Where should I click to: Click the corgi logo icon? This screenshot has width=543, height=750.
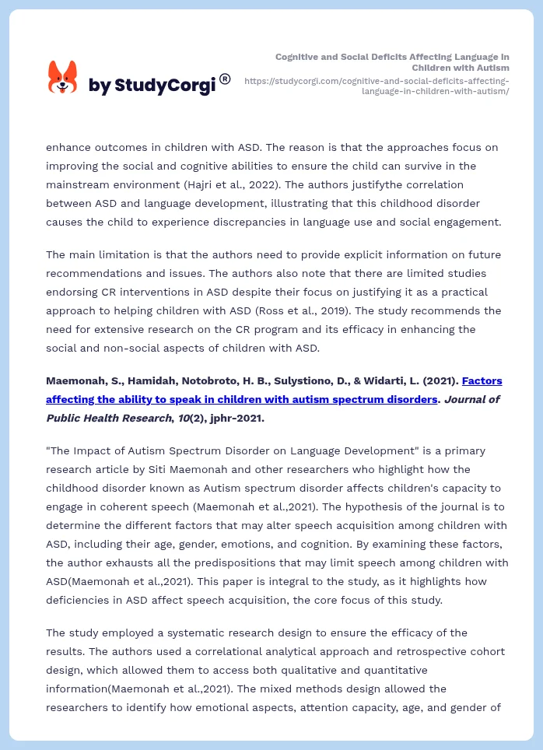63,77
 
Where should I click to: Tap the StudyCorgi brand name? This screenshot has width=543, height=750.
152,85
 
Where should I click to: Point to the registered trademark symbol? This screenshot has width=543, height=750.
225,79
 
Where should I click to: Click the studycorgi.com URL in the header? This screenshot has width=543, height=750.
377,86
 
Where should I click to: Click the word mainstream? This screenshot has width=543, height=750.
79,184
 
